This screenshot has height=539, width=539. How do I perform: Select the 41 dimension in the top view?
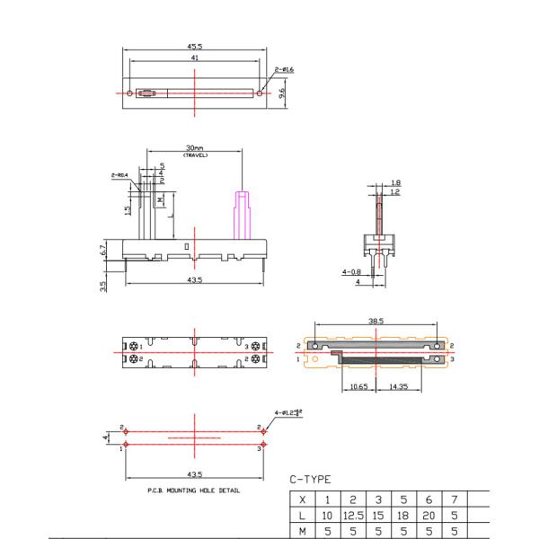pos(193,57)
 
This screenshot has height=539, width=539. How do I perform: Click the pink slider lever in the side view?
pos(242,216)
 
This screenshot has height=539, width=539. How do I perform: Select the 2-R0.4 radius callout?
pos(118,175)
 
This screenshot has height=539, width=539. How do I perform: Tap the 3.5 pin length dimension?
pos(104,287)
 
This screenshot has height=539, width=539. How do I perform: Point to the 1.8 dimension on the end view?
pos(396,182)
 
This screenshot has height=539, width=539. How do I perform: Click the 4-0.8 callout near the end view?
pos(351,271)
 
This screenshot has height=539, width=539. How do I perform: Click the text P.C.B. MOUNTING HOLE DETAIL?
pos(192,490)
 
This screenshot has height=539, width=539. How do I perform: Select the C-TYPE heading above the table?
pos(311,480)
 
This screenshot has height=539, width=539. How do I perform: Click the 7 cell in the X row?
pos(455,499)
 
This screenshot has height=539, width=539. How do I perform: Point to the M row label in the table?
pos(303,531)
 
